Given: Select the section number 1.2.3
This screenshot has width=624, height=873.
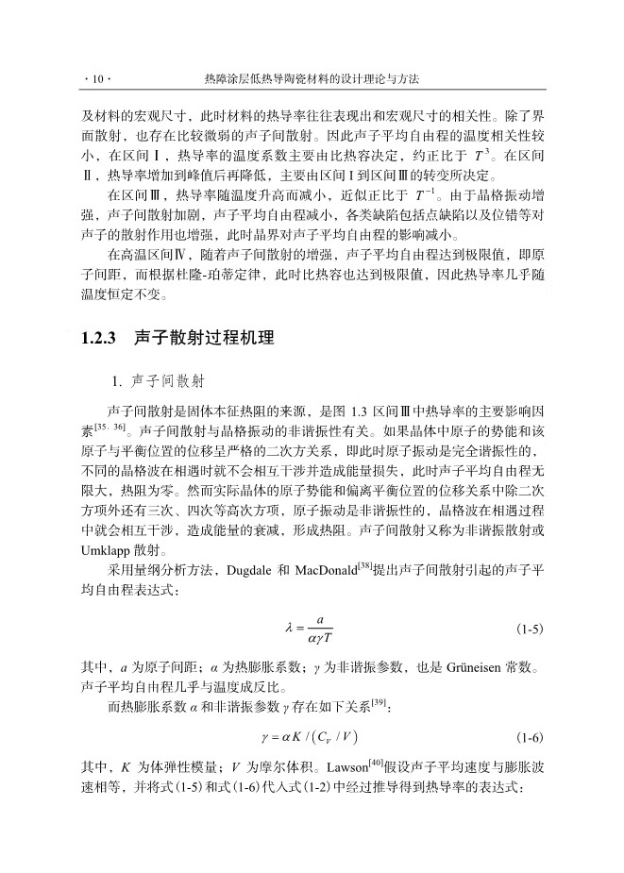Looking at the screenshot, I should click(x=100, y=337).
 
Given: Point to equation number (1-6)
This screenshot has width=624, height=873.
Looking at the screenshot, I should click(x=530, y=736).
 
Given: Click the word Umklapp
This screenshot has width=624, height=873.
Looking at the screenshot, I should click(x=110, y=549).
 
